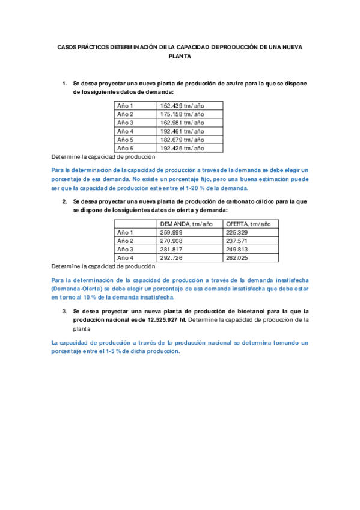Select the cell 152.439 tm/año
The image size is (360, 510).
click(182, 105)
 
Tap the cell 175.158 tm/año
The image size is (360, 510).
click(182, 114)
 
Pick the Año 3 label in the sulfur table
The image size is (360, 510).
click(125, 122)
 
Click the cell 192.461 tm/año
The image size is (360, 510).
click(182, 131)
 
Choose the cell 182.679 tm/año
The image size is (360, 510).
click(182, 139)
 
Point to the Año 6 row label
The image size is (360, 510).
click(125, 147)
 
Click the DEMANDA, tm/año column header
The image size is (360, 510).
click(186, 224)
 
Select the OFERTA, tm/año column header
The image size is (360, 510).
click(248, 224)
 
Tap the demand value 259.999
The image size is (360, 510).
click(172, 232)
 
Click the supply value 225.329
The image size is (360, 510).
click(237, 232)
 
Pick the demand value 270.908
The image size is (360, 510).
click(172, 241)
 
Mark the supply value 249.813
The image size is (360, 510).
click(237, 249)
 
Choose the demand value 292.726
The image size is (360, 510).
click(172, 257)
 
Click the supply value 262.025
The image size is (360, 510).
click(237, 257)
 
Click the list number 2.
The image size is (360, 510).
click(65, 201)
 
